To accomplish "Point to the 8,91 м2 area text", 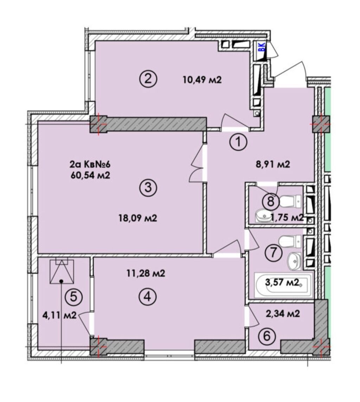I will (x=272, y=164).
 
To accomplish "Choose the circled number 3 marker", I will (x=149, y=188).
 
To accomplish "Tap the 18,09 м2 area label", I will (x=138, y=218).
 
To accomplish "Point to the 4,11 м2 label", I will (x=59, y=315).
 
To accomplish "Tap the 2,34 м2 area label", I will (x=283, y=314).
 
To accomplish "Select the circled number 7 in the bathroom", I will (x=275, y=252).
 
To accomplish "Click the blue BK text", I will (x=262, y=47).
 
